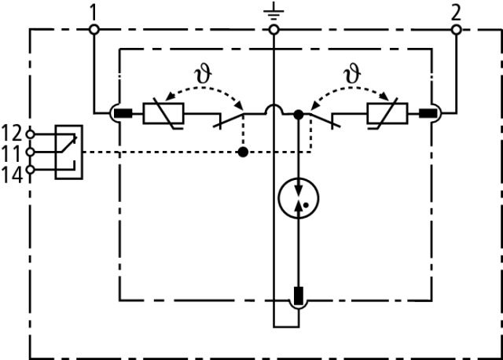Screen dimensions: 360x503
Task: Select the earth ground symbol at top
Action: tap(274, 12)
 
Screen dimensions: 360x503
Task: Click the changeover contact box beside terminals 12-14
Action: tap(68, 150)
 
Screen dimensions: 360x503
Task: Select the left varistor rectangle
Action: tap(163, 115)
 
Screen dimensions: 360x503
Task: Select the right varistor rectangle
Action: tap(386, 115)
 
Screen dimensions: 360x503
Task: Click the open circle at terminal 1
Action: tap(93, 30)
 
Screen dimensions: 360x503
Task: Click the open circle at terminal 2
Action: tap(455, 30)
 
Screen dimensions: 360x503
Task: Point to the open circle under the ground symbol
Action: tap(274, 30)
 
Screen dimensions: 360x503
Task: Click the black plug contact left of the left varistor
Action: tap(123, 115)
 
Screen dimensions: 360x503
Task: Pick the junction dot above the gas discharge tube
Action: tap(298, 115)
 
